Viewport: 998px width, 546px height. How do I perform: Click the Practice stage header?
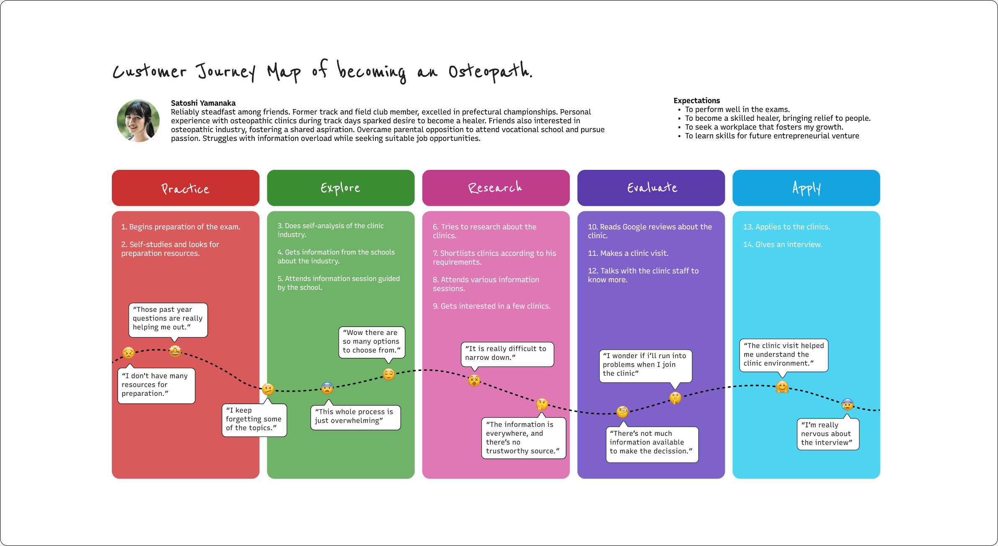(x=186, y=188)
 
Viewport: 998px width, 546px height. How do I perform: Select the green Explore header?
(x=341, y=188)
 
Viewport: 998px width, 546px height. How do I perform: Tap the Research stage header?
(x=496, y=188)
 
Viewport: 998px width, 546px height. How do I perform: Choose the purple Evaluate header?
(x=651, y=188)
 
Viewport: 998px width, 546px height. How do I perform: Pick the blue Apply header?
(x=806, y=188)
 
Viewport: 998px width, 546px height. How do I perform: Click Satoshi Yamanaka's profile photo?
(x=138, y=121)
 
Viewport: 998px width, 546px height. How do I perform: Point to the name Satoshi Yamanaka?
(x=203, y=103)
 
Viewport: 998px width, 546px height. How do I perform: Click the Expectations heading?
(x=697, y=101)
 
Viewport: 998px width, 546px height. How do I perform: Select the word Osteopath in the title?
(x=490, y=71)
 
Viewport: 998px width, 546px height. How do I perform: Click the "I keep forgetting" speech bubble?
(x=254, y=419)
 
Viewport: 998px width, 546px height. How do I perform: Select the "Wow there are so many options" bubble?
(x=372, y=342)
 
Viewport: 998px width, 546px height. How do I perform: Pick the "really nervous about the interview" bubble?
(x=827, y=434)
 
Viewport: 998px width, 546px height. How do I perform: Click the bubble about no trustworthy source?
(x=524, y=438)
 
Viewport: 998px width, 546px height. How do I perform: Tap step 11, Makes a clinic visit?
(x=628, y=253)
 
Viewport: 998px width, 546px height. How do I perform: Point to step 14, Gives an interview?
(x=783, y=244)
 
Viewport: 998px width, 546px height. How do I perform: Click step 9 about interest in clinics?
(x=491, y=306)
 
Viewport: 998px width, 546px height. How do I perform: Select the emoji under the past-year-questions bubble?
(x=175, y=351)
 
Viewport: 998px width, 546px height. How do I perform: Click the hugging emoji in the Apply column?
(x=782, y=387)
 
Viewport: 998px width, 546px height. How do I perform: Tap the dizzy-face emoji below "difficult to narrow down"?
(x=474, y=380)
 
